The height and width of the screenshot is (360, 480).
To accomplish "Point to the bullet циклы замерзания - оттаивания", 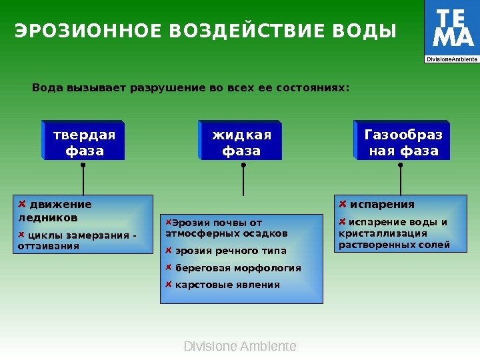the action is point(77,240).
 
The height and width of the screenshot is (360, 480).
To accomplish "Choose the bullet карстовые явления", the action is point(227,285).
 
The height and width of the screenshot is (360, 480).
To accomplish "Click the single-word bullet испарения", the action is point(382,204).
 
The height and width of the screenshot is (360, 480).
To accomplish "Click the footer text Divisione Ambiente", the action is point(240,347).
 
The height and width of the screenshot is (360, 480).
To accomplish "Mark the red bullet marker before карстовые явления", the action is point(169,284).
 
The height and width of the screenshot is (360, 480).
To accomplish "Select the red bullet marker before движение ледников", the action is point(22,203).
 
